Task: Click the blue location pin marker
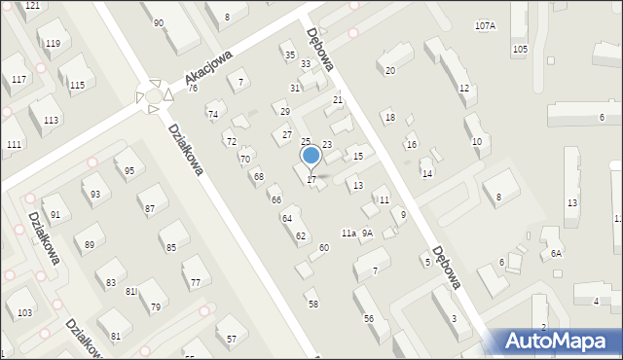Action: tap(311, 156)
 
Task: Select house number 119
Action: tap(53, 44)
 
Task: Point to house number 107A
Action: tap(485, 25)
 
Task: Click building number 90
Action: tap(159, 22)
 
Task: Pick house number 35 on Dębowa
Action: tap(289, 55)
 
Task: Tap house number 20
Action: tap(390, 71)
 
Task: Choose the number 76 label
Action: tap(193, 89)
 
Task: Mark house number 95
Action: tap(129, 170)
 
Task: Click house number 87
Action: tap(149, 209)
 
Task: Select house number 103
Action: tap(24, 312)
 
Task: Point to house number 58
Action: tap(313, 305)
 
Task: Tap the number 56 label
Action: tap(369, 319)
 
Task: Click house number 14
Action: tap(426, 173)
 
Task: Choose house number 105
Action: tap(520, 49)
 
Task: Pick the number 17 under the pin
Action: tap(311, 179)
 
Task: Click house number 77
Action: tap(196, 283)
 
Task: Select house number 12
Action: tap(464, 89)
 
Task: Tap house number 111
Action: tap(14, 145)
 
